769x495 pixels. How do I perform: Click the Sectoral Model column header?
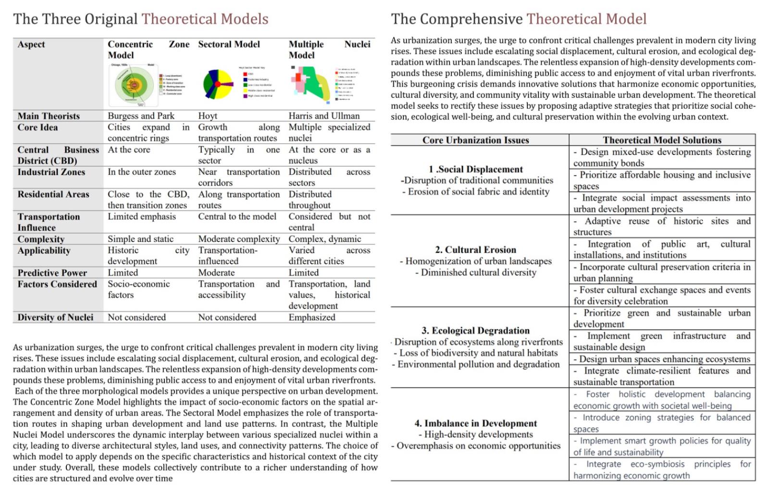(229, 44)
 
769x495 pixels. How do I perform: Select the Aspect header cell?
(31, 44)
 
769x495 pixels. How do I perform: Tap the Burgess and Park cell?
(141, 116)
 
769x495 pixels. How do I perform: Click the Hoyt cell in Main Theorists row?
(208, 116)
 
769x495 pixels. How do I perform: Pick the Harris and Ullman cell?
(324, 116)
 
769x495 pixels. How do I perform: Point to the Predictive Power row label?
(52, 273)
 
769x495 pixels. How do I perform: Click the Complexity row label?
(41, 239)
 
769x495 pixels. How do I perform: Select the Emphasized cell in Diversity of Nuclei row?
(312, 317)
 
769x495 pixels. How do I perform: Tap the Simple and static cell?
(140, 239)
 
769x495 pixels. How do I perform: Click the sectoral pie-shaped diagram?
(218, 84)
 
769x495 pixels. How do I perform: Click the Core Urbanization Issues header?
(475, 140)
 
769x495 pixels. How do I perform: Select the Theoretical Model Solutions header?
(662, 140)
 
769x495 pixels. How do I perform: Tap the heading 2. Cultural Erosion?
(475, 250)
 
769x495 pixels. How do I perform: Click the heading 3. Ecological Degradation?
(475, 330)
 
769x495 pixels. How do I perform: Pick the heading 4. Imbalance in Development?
(475, 423)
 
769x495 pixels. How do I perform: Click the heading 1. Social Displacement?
(475, 169)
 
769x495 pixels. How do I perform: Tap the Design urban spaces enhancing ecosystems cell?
(662, 359)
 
